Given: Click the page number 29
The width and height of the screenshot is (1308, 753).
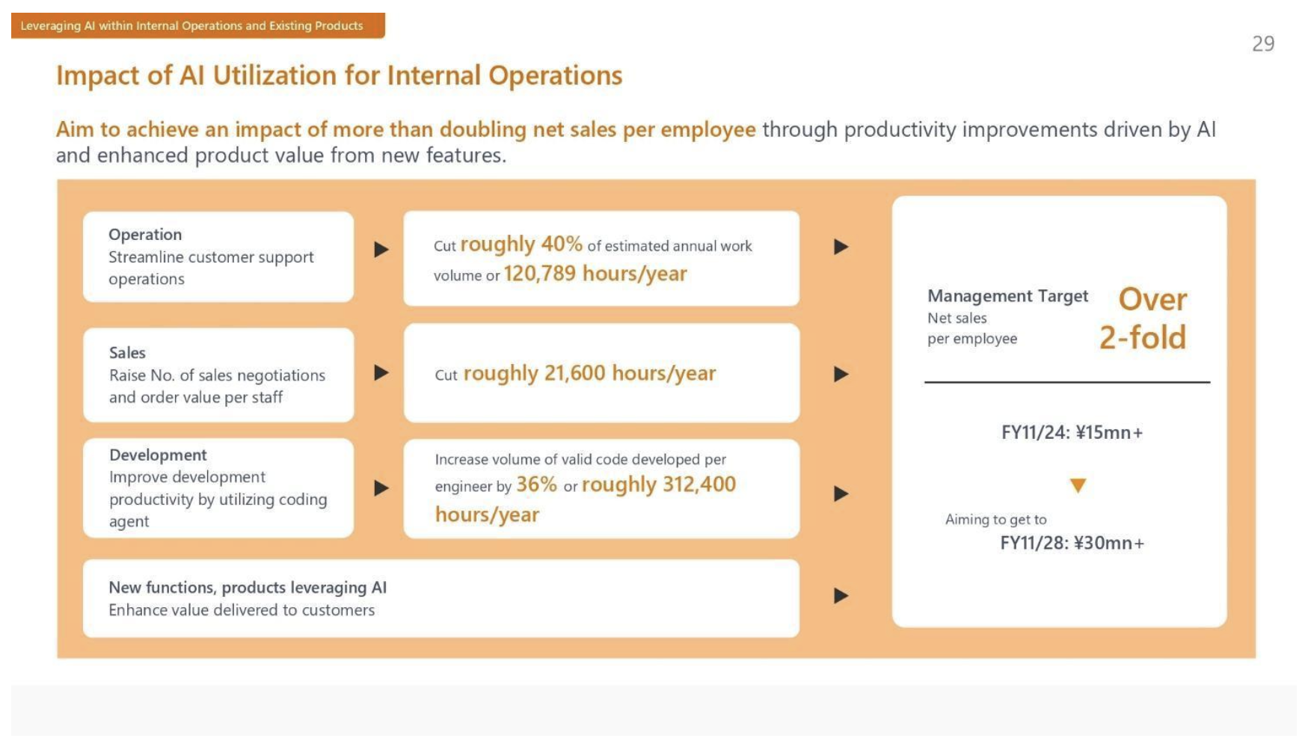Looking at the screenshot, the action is tap(1263, 44).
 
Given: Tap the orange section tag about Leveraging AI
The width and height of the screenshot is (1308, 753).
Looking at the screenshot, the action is tap(198, 25).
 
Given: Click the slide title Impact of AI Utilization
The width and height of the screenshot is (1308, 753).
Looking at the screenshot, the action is tap(339, 76).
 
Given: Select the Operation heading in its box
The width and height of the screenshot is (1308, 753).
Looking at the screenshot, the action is tap(145, 235).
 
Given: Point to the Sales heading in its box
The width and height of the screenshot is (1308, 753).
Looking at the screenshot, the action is tap(127, 353).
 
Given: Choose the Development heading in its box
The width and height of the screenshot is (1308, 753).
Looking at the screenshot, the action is tap(158, 455).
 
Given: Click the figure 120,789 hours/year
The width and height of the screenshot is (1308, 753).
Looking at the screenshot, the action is tap(595, 274).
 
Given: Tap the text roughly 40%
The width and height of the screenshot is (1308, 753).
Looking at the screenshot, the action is tap(521, 245).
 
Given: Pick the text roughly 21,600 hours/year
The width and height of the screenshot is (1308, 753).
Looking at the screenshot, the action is tap(589, 373).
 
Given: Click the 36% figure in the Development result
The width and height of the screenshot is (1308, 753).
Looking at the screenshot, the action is tap(536, 485).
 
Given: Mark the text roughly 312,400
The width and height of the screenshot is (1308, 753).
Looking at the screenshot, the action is tap(659, 485).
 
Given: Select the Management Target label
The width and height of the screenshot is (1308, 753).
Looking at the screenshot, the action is tap(1007, 296).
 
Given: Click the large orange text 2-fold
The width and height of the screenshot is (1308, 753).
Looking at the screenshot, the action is tap(1143, 337).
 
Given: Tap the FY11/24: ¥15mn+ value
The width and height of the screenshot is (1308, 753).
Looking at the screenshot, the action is tap(1072, 433).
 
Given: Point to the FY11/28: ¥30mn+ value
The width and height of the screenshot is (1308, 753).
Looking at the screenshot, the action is tap(1072, 543).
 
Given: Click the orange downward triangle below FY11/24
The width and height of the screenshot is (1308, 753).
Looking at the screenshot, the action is tap(1078, 485).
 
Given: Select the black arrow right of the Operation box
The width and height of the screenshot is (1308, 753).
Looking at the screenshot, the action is tap(381, 249).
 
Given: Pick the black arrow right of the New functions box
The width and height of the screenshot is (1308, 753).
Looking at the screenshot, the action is tap(841, 596).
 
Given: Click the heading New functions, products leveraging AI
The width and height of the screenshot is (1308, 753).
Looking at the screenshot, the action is tap(248, 588).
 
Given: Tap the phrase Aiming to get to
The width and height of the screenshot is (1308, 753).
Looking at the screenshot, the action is tap(995, 520).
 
